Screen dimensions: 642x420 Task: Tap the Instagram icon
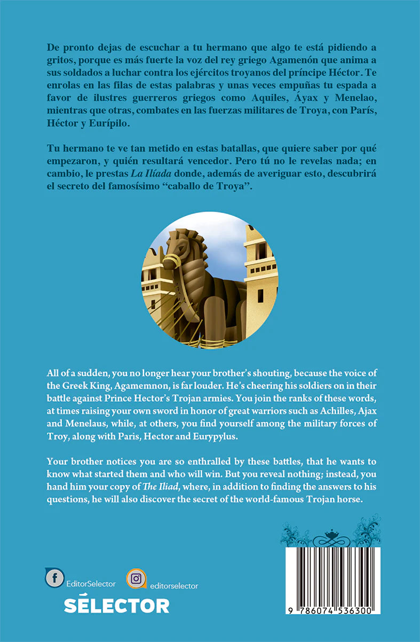pyautogui.click(x=136, y=578)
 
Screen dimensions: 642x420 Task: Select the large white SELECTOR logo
pyautogui.click(x=116, y=605)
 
